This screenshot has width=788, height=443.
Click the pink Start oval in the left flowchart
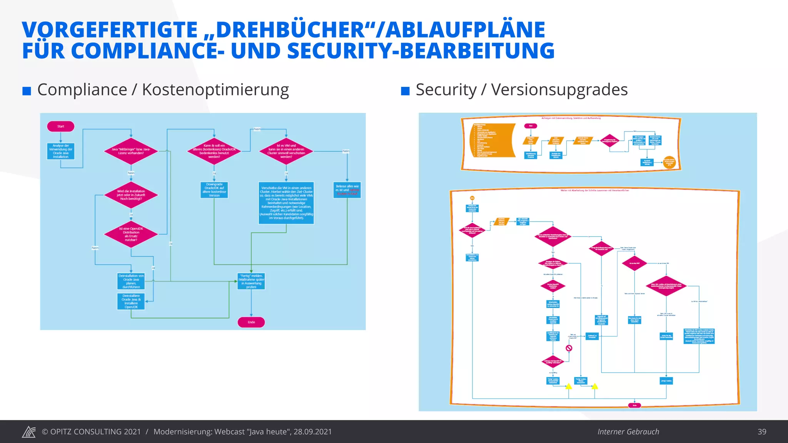[x=60, y=126]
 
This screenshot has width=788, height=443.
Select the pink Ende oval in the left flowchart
[x=251, y=322]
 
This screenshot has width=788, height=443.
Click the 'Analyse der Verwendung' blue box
[x=61, y=151]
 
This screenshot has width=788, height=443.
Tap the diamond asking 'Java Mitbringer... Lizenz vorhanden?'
[x=131, y=151]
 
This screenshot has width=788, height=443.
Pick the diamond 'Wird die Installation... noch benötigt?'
[x=131, y=195]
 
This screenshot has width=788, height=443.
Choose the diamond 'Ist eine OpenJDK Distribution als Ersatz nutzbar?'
[x=131, y=234]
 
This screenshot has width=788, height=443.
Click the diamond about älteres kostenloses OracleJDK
[x=214, y=151]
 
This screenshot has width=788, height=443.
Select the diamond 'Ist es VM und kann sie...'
[x=286, y=151]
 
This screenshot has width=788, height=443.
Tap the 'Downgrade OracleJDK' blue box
[x=214, y=190]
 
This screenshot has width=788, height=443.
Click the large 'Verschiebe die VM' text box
[x=286, y=203]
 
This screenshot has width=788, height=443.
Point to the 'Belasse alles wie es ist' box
[x=347, y=190]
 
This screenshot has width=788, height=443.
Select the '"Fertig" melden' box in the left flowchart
[x=251, y=281]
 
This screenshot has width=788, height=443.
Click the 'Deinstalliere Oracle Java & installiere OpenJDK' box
[x=131, y=301]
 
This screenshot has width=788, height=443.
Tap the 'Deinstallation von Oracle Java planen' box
[x=131, y=281]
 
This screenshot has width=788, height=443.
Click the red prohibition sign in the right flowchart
[x=569, y=348]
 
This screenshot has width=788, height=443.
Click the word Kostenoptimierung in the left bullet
[x=215, y=90]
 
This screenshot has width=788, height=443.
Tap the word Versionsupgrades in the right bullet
[x=559, y=90]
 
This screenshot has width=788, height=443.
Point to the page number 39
[x=762, y=431]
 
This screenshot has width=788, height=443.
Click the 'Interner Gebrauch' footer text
[x=628, y=431]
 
